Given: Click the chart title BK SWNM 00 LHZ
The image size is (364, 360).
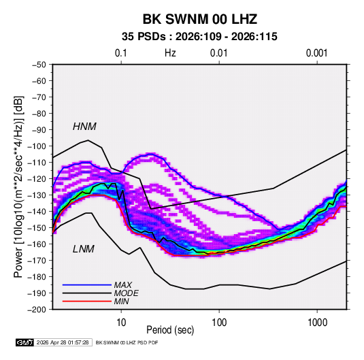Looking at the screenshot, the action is (x=199, y=19).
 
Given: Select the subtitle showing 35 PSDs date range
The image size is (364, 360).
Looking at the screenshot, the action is (x=199, y=37).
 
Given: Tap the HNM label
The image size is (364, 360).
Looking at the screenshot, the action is (x=84, y=127).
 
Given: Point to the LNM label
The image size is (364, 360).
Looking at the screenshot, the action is (x=84, y=249).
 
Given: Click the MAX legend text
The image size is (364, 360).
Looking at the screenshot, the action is (x=123, y=284).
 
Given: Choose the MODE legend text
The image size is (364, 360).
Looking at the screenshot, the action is (x=127, y=293).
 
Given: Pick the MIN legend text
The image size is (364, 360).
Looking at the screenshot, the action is (x=121, y=301).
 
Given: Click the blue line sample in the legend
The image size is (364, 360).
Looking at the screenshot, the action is (x=87, y=284).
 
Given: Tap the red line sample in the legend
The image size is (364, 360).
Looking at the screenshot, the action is (x=87, y=301).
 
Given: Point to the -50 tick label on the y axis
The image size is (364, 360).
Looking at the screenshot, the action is (x=39, y=65).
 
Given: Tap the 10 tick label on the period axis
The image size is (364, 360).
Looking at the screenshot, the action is (x=121, y=323).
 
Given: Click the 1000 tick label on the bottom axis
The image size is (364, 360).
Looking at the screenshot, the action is (x=317, y=323).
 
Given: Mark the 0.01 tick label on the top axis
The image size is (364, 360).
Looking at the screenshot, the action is (x=219, y=53).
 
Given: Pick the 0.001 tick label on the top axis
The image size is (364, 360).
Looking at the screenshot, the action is (x=317, y=53).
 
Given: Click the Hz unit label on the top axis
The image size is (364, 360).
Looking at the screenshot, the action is (x=170, y=53).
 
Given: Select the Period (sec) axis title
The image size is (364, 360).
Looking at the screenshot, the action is (x=170, y=330).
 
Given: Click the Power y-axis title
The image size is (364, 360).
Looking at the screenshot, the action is (x=18, y=186).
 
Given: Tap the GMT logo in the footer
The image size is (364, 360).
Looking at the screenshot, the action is (x=24, y=342).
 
